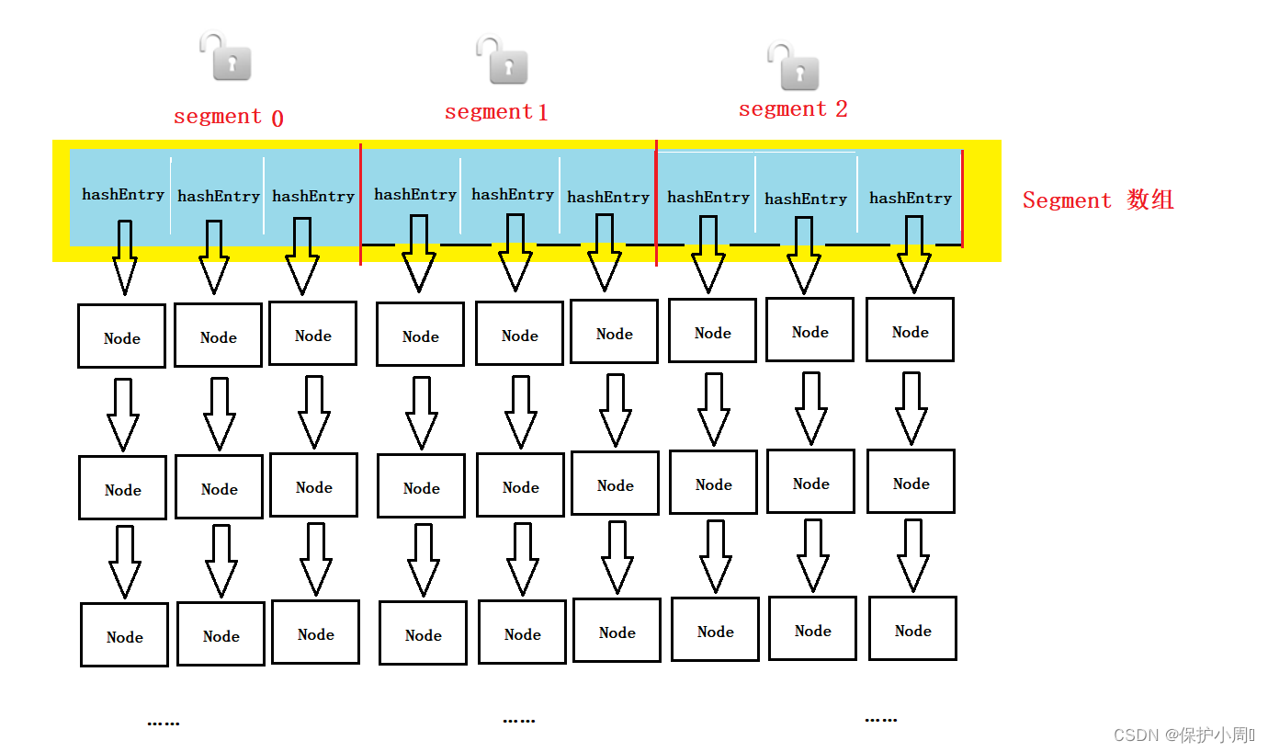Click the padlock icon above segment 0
(x=226, y=57)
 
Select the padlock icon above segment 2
(x=794, y=66)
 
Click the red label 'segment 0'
(x=228, y=117)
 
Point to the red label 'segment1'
(x=496, y=112)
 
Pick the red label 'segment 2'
(x=793, y=109)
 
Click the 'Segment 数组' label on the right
(x=1098, y=200)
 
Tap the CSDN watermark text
(x=1183, y=735)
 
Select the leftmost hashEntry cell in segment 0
(x=122, y=195)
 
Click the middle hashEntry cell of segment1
(x=512, y=195)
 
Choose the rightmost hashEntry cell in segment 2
(x=910, y=199)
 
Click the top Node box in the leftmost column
(x=121, y=336)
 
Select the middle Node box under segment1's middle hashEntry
(x=520, y=486)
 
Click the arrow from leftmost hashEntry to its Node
(x=125, y=257)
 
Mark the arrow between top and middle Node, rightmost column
(x=911, y=407)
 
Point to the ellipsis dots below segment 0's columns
(x=164, y=724)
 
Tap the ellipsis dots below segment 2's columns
(x=880, y=720)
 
